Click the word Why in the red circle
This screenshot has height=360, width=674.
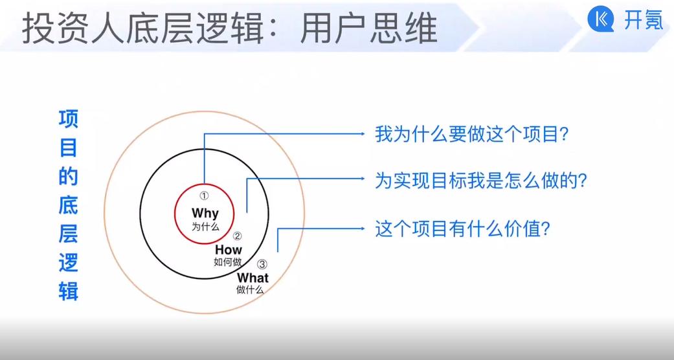point(205,213)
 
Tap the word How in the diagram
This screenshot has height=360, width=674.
point(229,249)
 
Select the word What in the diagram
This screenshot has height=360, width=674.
point(253,278)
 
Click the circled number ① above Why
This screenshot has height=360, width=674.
point(204,196)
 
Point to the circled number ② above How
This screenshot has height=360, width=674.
point(237,236)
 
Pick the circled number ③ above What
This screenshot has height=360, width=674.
point(262,264)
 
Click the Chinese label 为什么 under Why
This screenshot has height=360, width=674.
point(205,227)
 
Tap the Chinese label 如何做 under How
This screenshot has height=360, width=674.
point(228,262)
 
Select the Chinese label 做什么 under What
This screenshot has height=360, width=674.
point(250,290)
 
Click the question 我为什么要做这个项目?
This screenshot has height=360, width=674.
point(472,135)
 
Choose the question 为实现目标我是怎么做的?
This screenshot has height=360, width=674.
point(481,181)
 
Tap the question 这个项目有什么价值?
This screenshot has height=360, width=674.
point(463,229)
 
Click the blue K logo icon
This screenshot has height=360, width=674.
point(600,20)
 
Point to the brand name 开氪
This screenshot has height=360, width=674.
point(643,20)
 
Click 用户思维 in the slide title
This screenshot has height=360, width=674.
point(368,29)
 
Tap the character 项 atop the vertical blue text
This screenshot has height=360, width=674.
point(69,119)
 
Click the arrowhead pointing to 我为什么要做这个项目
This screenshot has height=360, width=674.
point(362,134)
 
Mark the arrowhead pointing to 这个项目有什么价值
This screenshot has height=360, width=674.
point(362,229)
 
